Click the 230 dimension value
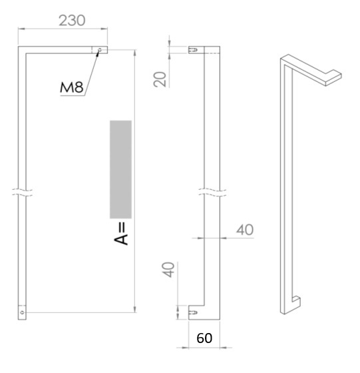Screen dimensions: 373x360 (x=73, y=20)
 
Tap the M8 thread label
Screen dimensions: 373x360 (x=73, y=87)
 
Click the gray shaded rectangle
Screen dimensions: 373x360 (x=121, y=169)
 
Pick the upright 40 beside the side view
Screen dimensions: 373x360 (x=245, y=229)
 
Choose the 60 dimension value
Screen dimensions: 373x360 (x=204, y=338)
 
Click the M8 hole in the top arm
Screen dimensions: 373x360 (x=100, y=50)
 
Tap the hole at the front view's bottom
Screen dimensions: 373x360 (x=22, y=311)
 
